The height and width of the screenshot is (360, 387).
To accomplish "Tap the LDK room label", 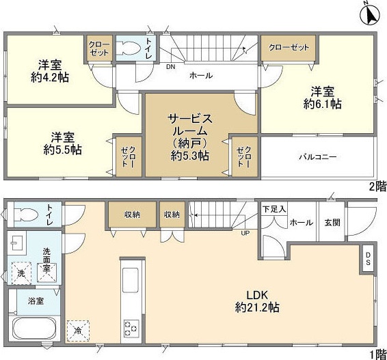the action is coord(257,294).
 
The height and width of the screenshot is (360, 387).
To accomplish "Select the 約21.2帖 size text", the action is coord(257,307).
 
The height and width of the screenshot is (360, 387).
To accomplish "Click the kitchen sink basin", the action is coord(131,280).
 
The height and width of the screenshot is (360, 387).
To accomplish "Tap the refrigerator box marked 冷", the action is coord(78,331).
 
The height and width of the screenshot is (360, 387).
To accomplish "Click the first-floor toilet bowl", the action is coord(26,214).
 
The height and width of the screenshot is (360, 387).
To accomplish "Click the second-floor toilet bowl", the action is coord(128,48).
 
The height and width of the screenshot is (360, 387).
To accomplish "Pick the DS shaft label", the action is coord(368,258).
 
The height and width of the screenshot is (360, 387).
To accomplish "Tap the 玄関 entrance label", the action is coord(332,223).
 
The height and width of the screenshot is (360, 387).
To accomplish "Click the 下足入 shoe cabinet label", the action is coord(274,209).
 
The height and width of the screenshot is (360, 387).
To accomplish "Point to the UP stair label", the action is coord(245,233).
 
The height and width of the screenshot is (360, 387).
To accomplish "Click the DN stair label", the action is coord(170,66).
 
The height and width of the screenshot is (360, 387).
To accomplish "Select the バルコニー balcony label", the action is coord(318,157).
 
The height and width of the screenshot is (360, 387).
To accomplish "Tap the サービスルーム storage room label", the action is coord(190,126).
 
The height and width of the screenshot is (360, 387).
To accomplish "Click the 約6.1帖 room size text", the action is coord(322,104).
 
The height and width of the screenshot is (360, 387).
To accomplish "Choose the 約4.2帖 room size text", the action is coord(50,78).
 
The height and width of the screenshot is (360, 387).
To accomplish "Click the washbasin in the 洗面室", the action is coord(16,243).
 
